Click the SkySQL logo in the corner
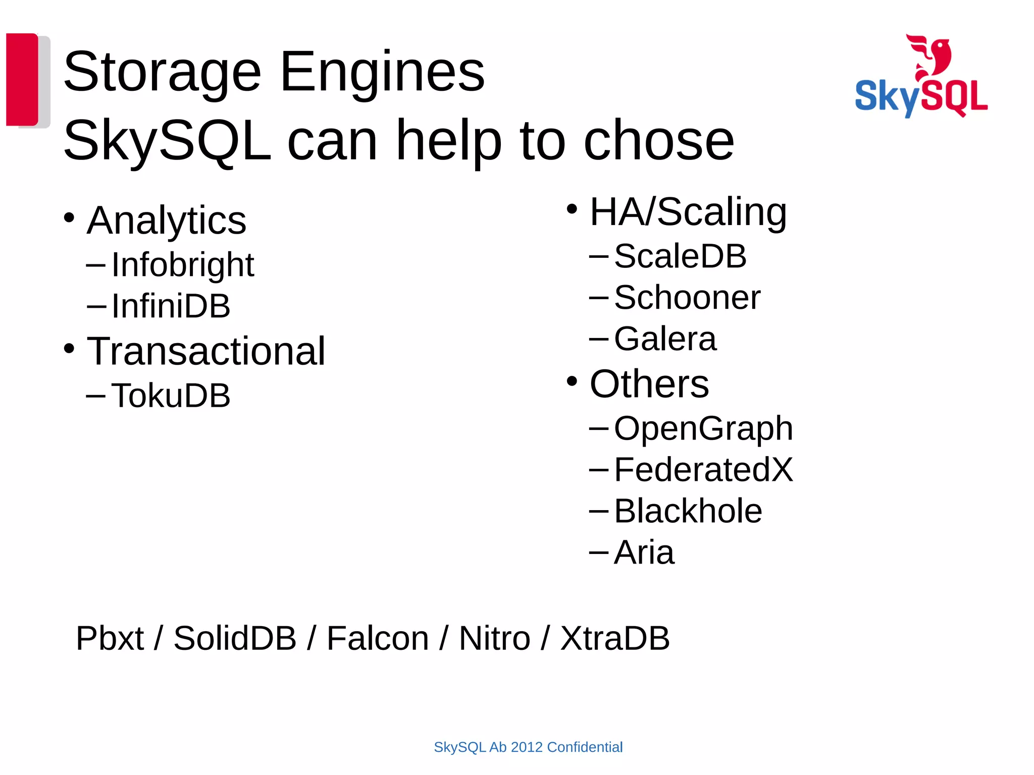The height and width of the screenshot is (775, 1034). click(921, 77)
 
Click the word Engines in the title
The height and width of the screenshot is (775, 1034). click(382, 72)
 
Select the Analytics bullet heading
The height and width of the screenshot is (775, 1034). click(167, 220)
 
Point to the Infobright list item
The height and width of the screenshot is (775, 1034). click(182, 264)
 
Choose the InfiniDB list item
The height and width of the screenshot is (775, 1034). click(171, 306)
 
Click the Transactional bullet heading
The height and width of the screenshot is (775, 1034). click(206, 351)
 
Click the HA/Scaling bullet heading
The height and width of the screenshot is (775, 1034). click(688, 212)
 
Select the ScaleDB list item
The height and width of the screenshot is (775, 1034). click(680, 256)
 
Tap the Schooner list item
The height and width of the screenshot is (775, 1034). click(687, 297)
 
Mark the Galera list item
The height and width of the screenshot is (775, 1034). click(665, 339)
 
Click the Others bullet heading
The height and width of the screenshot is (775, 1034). click(649, 384)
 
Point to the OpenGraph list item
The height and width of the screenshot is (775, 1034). click(703, 428)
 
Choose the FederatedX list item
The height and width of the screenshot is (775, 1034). click(703, 470)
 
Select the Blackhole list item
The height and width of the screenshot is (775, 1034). click(688, 511)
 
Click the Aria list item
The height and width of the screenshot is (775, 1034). click(644, 552)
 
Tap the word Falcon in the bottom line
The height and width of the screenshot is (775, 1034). click(378, 638)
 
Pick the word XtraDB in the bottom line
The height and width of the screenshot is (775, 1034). click(615, 638)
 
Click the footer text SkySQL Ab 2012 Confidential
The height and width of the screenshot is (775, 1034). click(528, 747)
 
